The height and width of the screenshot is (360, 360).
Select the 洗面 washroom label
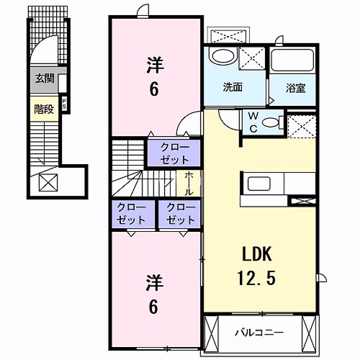(232, 89)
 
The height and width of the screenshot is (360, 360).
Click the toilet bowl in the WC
(271, 122)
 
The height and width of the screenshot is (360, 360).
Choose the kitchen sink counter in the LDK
(260, 184)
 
